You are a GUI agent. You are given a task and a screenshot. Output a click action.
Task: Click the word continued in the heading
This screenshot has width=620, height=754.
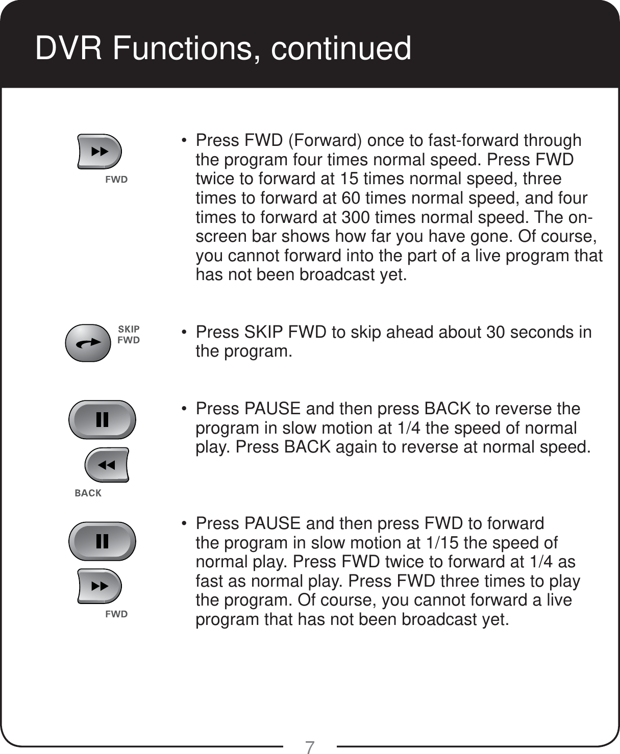[x=341, y=48]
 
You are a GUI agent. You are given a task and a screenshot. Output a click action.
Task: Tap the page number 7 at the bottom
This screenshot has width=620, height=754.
[x=309, y=747]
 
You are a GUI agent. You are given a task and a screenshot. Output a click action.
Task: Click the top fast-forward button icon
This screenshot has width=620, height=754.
[x=100, y=152]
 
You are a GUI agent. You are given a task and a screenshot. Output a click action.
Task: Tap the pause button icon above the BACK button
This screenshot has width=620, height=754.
[x=103, y=419]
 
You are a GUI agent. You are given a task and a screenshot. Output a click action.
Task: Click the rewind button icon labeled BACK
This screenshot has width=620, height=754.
[x=107, y=465]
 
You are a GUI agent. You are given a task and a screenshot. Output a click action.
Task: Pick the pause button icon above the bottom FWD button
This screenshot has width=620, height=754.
[x=103, y=541]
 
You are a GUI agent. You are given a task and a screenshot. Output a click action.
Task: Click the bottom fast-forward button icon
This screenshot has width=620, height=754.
[x=100, y=586]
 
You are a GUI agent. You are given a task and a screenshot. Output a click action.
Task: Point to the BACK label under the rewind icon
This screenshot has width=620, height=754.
[x=88, y=493]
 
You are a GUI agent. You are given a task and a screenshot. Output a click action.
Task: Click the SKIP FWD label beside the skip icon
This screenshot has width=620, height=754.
[x=129, y=335]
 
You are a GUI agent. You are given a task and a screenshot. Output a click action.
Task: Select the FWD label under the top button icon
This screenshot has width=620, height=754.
[x=116, y=180]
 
